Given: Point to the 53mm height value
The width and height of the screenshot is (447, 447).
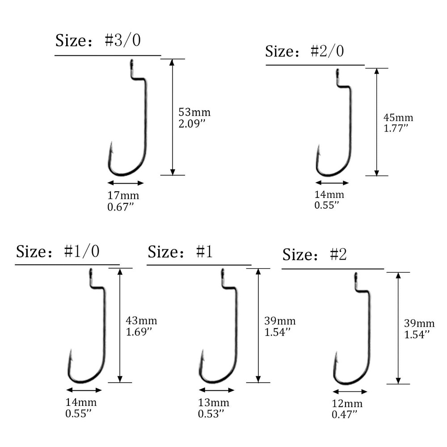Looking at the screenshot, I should pyautogui.click(x=194, y=111).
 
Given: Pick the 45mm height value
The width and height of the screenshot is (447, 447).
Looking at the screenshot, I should pyautogui.click(x=398, y=118).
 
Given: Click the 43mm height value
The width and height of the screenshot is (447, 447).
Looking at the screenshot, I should pyautogui.click(x=142, y=320).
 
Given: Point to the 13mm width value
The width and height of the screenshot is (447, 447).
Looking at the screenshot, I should pyautogui.click(x=213, y=403).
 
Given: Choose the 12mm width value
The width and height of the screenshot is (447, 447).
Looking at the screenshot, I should pyautogui.click(x=347, y=404).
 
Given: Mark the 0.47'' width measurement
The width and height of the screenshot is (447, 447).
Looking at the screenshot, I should pyautogui.click(x=345, y=414).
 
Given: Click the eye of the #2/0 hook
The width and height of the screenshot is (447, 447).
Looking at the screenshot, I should pyautogui.click(x=338, y=72).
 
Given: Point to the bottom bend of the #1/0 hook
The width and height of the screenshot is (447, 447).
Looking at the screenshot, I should pyautogui.click(x=83, y=381).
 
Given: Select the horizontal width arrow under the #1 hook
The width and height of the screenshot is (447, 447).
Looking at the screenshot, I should pyautogui.click(x=216, y=389).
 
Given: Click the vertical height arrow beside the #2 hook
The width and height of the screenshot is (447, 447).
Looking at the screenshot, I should pyautogui.click(x=398, y=328).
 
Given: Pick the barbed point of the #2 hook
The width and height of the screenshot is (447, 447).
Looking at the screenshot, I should pyautogui.click(x=335, y=357).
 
